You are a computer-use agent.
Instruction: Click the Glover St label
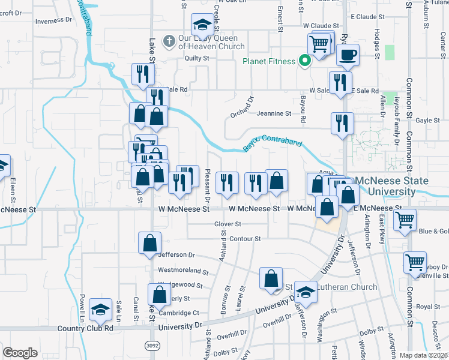(x=228, y=224)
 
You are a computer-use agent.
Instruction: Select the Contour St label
(x=245, y=239)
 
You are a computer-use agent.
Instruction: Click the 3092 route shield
(x=152, y=346)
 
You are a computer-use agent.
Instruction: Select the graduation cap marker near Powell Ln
(x=100, y=310)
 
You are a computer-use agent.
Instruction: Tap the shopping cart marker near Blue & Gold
(x=405, y=220)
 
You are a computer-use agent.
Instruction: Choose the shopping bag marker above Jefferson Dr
(x=149, y=244)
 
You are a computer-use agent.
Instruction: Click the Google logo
(x=20, y=353)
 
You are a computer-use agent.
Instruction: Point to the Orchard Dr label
(x=243, y=107)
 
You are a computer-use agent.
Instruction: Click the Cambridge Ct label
(x=179, y=313)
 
